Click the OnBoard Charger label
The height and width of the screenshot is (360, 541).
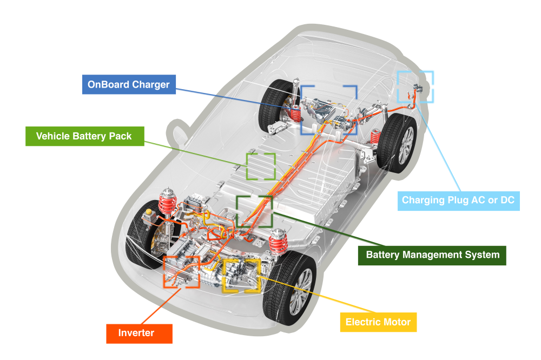[129, 85]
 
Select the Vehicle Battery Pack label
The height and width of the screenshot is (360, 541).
[84, 136]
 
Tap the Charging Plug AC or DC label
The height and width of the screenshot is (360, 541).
[458, 201]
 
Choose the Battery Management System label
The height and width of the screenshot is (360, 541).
[432, 255]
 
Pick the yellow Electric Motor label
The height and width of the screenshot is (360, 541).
[378, 323]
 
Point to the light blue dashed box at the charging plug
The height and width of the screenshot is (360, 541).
[416, 86]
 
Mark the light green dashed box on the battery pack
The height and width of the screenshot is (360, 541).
[261, 166]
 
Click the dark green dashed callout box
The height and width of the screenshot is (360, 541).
[254, 211]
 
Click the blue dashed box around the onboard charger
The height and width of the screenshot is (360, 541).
[329, 110]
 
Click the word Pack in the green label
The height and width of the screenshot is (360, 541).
[120, 136]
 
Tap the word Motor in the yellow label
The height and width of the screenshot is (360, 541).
[397, 323]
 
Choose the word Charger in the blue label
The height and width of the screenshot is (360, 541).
[153, 85]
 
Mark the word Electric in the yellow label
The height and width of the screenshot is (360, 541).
[362, 323]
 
